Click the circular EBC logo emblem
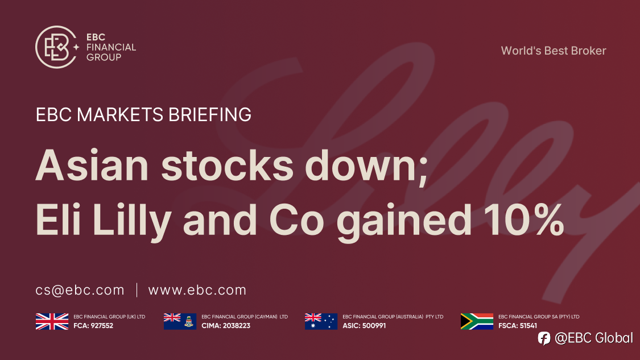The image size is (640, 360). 56,47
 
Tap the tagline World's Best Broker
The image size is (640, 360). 554,51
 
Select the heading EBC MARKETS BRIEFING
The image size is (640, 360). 143,115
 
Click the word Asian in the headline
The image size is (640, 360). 92,165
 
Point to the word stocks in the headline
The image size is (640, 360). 228,165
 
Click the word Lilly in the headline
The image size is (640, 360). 132,222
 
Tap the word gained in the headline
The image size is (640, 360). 404,222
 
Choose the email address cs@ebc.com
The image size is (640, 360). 80,290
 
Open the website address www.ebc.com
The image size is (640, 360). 197,290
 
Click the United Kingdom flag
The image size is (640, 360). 52,322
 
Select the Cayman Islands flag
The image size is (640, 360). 180,322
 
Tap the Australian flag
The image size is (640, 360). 321,322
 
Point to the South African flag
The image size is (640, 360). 477,322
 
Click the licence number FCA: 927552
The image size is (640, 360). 93,326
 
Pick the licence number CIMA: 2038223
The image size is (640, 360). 226,326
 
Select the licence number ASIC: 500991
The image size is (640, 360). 364,326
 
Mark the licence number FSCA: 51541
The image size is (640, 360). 518,326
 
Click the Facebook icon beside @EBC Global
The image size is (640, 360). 544,338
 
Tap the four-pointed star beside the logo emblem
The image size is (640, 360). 76,47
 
